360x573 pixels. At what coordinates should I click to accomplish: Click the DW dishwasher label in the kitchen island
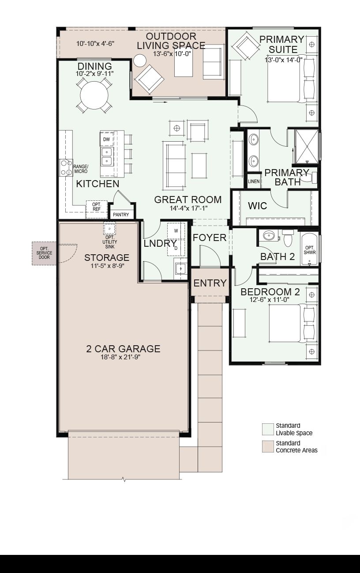[106, 139]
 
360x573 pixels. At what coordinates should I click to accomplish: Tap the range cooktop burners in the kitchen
[66, 168]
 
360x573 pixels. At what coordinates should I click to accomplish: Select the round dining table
[94, 95]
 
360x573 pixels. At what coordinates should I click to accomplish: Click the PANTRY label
[121, 215]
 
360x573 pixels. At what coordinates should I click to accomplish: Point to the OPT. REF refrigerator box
[96, 209]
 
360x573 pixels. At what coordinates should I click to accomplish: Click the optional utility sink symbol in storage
[109, 228]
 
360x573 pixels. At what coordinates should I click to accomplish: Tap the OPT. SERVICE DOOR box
[44, 253]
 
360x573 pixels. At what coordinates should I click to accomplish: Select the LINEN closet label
[254, 181]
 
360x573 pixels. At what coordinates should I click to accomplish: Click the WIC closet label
[257, 206]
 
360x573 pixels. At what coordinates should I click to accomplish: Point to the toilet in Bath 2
[288, 237]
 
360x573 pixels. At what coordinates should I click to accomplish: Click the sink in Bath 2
[269, 235]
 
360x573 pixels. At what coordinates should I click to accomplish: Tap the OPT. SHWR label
[310, 250]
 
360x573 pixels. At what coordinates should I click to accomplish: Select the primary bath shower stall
[307, 146]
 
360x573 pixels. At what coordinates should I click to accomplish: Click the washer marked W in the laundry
[176, 231]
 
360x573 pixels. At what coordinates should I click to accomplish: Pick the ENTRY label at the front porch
[210, 283]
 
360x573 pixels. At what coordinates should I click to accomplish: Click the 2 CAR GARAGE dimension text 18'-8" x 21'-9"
[120, 357]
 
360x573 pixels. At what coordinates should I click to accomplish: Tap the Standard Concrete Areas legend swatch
[268, 447]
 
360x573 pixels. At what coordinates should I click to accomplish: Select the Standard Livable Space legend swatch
[268, 429]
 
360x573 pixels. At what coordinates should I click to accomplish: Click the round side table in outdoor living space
[140, 60]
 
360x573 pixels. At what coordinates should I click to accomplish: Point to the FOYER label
[210, 237]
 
